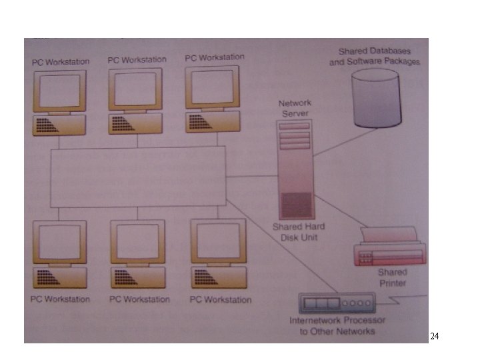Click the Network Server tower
[296, 169]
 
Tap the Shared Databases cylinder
[376, 98]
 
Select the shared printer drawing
[390, 246]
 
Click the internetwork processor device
[337, 303]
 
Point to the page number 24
[435, 336]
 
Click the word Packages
[401, 61]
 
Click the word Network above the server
[295, 103]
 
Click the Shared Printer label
[393, 277]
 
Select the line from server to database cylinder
[345, 142]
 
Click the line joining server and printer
[341, 211]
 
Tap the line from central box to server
[251, 176]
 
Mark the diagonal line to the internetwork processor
[281, 246]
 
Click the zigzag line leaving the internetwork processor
[401, 300]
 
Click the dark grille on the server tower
[296, 205]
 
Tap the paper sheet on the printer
[389, 234]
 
